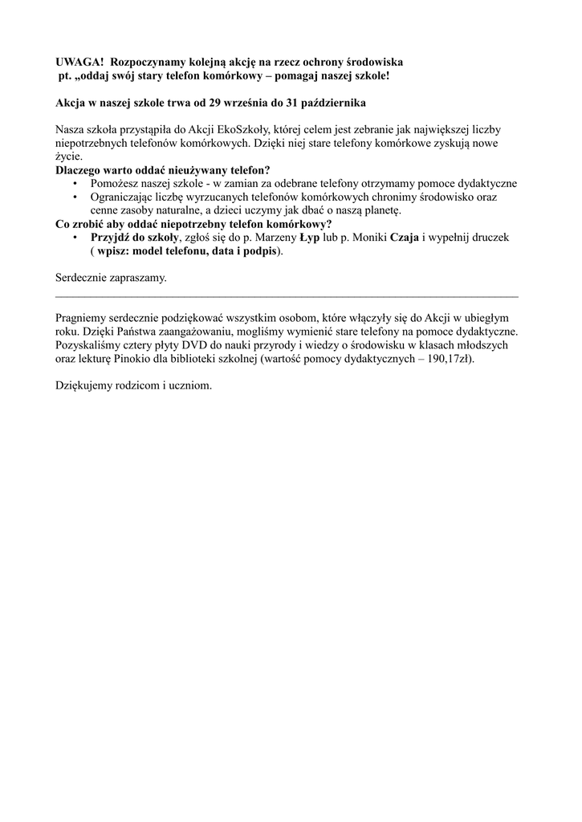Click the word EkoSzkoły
[x=250, y=129]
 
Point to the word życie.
[x=69, y=157]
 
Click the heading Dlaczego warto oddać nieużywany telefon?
[x=162, y=170]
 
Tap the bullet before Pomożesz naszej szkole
[x=75, y=184]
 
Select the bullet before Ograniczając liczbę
[x=75, y=197]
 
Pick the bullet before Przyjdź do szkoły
[x=75, y=238]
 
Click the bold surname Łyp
[x=311, y=238]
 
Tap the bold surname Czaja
[x=404, y=238]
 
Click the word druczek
[x=486, y=238]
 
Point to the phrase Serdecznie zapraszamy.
[x=111, y=278]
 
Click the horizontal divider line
[x=287, y=296]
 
